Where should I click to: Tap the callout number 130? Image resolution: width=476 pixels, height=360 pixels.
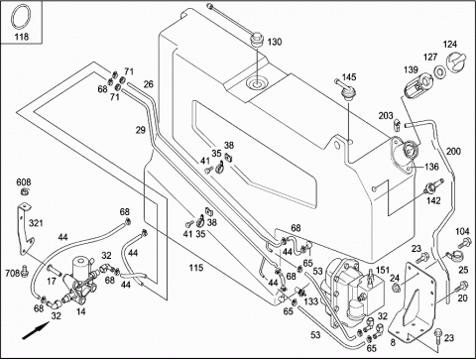(x=275, y=42)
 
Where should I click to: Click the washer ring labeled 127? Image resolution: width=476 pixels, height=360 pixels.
(x=439, y=72)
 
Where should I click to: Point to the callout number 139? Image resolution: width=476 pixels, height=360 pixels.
(x=411, y=69)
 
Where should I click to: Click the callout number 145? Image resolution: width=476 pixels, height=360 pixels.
(x=349, y=77)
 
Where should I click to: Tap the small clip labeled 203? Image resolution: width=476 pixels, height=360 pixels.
(x=398, y=125)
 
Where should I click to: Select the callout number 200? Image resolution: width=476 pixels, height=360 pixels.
(x=453, y=151)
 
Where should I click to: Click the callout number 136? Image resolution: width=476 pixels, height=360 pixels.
(x=431, y=167)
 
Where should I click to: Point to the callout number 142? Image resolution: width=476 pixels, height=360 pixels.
(x=433, y=200)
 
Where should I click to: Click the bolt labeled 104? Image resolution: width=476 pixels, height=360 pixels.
(x=464, y=243)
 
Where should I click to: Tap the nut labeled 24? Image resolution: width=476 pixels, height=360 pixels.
(x=395, y=288)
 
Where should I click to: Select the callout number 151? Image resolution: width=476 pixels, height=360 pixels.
(x=383, y=270)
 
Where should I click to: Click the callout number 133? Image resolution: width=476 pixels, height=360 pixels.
(x=311, y=300)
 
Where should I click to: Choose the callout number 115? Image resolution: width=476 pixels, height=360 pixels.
(x=195, y=267)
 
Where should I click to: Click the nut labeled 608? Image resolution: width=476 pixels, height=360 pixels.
(x=24, y=191)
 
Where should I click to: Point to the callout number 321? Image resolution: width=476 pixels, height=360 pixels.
(x=36, y=223)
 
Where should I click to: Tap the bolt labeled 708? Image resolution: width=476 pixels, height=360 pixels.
(x=24, y=270)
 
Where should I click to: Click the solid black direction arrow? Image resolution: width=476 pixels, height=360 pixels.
(x=36, y=330)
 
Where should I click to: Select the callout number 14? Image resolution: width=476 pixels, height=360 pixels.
(x=80, y=311)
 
